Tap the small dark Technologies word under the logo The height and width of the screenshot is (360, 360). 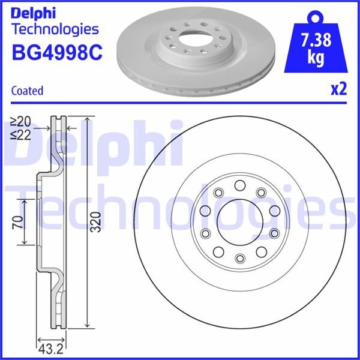click(x=55, y=28)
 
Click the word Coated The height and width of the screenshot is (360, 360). click(x=27, y=91)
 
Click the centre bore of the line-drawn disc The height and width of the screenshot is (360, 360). click(x=239, y=221)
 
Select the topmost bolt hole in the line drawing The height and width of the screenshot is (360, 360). click(x=239, y=185)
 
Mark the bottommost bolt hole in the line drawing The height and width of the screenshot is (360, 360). click(x=239, y=258)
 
